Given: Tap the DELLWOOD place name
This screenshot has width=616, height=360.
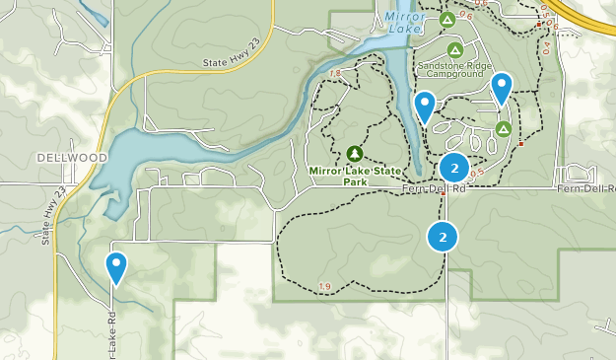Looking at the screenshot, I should click(x=72, y=158).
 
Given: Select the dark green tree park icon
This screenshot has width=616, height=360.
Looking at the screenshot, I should click(x=355, y=153).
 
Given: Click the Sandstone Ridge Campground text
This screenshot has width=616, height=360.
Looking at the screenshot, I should click(x=454, y=69).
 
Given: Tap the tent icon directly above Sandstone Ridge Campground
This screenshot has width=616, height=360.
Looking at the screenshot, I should click(x=454, y=49).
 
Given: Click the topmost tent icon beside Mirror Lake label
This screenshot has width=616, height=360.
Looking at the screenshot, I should click(x=446, y=19).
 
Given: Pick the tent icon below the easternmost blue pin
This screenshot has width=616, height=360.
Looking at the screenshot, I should click(x=504, y=128).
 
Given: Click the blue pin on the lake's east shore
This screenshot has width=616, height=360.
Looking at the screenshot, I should click(x=425, y=105).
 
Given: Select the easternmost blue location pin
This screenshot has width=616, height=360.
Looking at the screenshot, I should click(x=502, y=87).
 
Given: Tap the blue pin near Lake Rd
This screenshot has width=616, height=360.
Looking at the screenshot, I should click(x=116, y=265).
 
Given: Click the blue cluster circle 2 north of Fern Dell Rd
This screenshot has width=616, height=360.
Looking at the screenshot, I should click(x=453, y=167).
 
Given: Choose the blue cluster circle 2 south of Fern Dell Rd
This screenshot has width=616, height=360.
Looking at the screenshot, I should click(x=443, y=237).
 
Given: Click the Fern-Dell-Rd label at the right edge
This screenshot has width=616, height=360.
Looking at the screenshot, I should click(x=585, y=188).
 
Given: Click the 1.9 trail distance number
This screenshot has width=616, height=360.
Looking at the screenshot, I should click(x=326, y=287).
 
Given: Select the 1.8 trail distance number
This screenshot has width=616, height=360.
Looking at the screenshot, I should click(x=336, y=74).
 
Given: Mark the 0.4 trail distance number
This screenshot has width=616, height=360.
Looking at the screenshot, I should click(x=547, y=46).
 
